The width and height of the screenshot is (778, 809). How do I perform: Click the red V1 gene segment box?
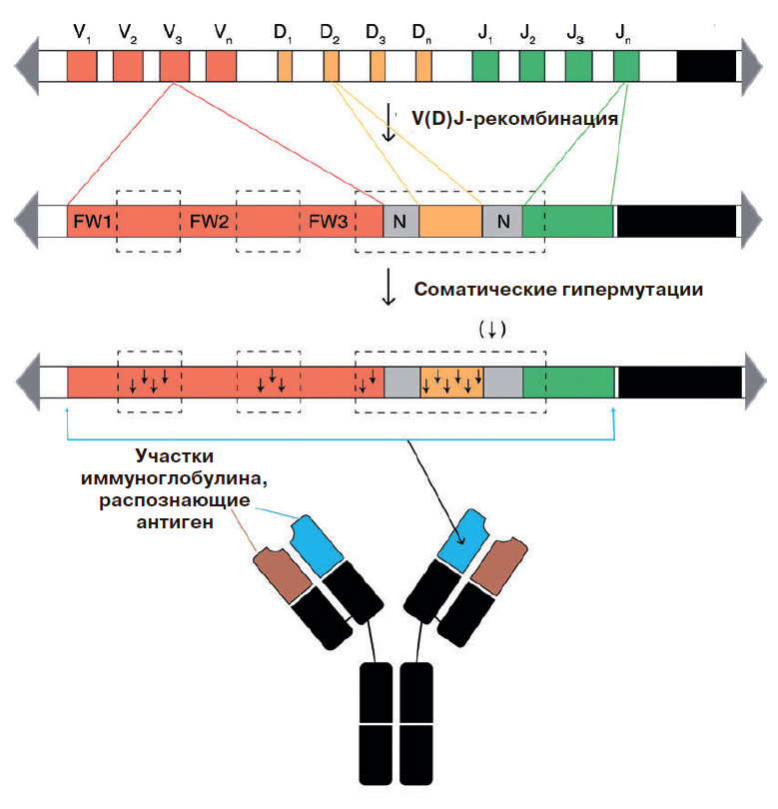(x=82, y=66)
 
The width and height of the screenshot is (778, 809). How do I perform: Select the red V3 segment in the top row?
(x=174, y=66)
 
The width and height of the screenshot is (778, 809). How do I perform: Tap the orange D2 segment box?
(x=331, y=66)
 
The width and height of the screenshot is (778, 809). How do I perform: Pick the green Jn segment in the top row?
(x=626, y=66)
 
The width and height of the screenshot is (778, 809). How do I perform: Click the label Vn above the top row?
(x=222, y=33)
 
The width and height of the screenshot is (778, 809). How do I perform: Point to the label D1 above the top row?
(x=284, y=33)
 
